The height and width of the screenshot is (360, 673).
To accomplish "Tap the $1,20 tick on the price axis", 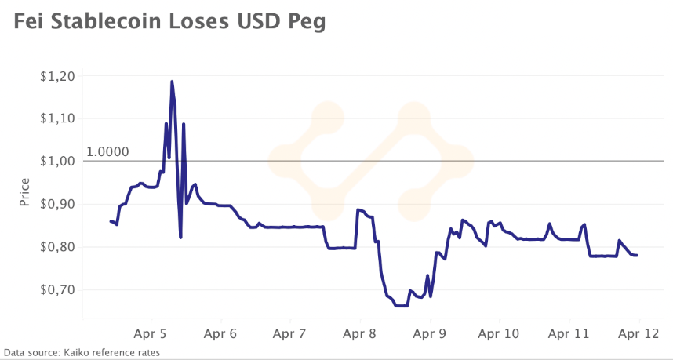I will coord(56,76).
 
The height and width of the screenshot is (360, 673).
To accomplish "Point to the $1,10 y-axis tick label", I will coord(56,118).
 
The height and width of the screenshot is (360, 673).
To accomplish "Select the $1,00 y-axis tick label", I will coord(56,162).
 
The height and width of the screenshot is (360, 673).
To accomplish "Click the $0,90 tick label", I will coord(56,204).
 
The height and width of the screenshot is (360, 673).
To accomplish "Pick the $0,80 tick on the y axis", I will coord(56,247).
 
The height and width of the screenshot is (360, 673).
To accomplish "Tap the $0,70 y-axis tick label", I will coord(56,289).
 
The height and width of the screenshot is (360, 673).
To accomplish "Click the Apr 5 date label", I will coord(150,333).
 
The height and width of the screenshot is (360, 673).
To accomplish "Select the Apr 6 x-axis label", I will coord(220,333).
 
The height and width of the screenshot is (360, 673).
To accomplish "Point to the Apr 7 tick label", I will coord(290,333).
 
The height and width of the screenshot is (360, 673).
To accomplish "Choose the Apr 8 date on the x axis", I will coord(360,333).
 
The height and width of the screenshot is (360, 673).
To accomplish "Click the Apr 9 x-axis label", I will coord(430,333).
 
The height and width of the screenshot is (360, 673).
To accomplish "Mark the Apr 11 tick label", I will coord(569,333).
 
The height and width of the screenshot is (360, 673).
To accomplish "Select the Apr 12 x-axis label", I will coord(639,333).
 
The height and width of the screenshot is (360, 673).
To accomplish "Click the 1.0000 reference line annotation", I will coord(107,151).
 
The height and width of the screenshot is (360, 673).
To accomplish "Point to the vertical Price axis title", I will coord(24,192).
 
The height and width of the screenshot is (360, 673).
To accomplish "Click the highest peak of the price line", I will coord(171,82).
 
